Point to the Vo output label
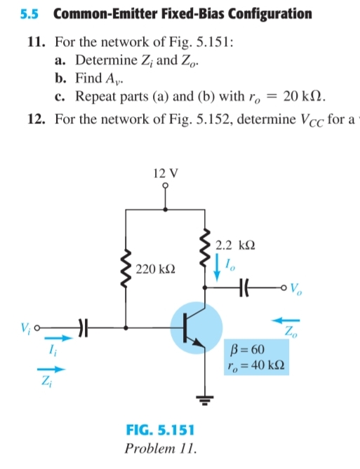point(295,288)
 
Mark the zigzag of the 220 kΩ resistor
point(126,269)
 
